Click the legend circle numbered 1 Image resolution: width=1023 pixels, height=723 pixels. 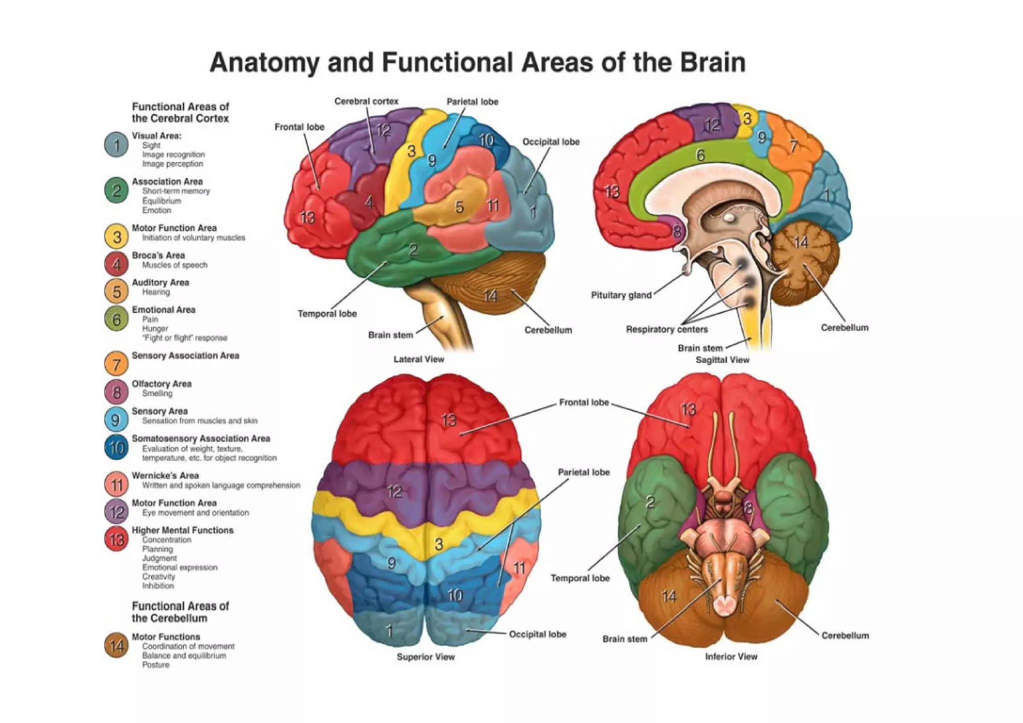[116, 145]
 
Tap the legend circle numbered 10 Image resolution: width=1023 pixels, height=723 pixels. [116, 447]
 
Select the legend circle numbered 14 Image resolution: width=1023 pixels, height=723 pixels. [116, 646]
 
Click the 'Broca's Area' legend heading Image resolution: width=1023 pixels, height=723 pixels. [158, 255]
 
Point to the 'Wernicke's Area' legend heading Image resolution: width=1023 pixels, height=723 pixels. [165, 475]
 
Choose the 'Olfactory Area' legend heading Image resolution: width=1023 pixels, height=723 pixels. [161, 383]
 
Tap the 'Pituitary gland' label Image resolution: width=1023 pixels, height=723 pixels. [621, 295]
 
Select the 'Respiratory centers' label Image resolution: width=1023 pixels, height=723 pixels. [666, 330]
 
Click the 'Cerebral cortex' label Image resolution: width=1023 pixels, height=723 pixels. [366, 101]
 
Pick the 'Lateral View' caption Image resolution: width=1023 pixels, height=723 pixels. [419, 359]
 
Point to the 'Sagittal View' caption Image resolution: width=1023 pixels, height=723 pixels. [722, 360]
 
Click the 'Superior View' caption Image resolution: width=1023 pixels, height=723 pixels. [426, 657]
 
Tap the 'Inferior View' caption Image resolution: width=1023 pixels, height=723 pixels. [731, 657]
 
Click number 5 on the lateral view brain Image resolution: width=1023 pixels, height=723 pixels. [459, 207]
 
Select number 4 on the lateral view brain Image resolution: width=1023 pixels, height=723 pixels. [369, 202]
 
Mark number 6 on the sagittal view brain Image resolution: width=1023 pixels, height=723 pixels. [700, 156]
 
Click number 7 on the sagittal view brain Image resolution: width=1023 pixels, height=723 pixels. [793, 146]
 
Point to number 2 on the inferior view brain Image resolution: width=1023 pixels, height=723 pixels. [650, 502]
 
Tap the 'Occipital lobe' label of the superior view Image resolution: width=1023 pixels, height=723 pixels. [537, 634]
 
